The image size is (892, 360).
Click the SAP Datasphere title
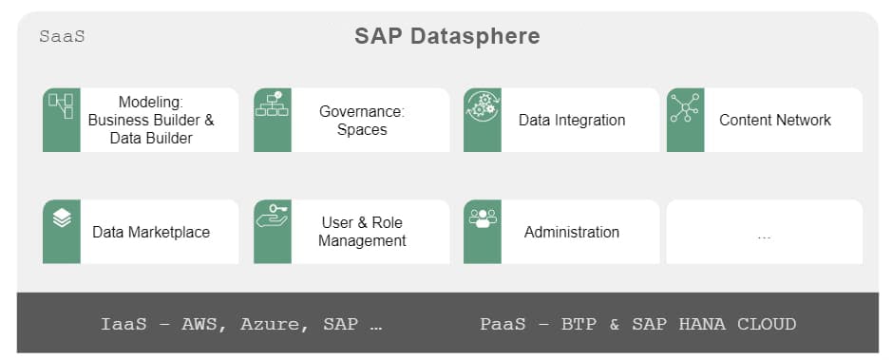point(446,37)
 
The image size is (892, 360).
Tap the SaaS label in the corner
point(62,37)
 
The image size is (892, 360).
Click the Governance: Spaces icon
point(273,104)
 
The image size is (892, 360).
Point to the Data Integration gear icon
point(483,105)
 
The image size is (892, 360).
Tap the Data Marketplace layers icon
point(62,218)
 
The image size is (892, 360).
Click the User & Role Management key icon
point(273,217)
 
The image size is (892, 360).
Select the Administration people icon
point(483,218)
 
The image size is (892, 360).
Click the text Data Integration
point(572,121)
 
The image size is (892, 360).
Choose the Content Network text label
point(775,121)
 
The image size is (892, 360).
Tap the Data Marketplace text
point(151,232)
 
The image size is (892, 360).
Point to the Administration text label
point(572,232)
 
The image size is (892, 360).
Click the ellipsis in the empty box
point(765,234)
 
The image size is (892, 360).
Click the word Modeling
point(150,103)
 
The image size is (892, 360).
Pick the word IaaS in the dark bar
point(123,324)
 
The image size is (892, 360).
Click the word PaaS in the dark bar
point(503,324)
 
